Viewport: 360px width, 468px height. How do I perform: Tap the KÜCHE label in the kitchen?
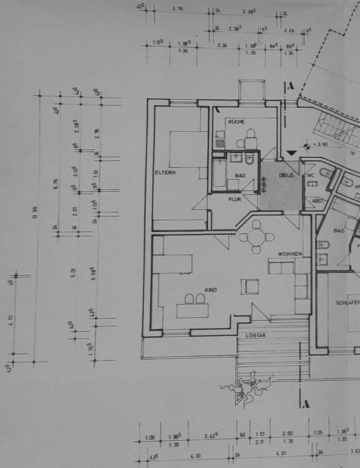tap(236, 122)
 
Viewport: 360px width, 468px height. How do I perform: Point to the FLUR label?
tap(234, 199)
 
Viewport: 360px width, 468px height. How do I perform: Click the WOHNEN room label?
tap(289, 253)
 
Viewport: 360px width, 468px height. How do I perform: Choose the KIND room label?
tap(211, 290)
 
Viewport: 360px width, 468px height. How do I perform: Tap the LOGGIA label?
tap(256, 334)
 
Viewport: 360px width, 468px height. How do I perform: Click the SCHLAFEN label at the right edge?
tap(347, 302)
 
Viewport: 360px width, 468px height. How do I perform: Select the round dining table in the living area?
tap(256, 236)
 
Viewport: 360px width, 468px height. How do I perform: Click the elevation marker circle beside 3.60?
tap(307, 145)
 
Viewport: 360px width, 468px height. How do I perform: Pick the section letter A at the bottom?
tap(307, 403)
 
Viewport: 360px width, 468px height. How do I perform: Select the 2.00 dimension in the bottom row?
tap(288, 434)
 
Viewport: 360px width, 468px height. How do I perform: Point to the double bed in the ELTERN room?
tap(184, 149)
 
